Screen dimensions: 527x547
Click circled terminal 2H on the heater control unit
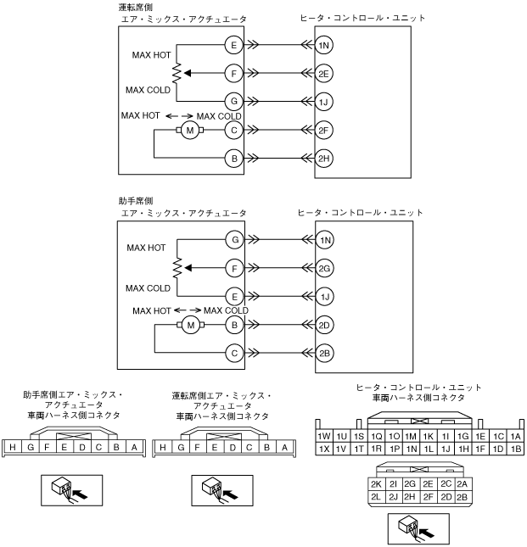point(323,159)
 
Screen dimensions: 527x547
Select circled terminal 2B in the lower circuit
point(324,353)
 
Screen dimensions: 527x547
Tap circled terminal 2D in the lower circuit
point(324,325)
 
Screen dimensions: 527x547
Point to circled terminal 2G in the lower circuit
point(324,268)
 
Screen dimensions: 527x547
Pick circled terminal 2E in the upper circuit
point(323,74)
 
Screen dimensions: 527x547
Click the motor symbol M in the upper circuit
point(190,131)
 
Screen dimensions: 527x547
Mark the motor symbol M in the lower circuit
point(191,325)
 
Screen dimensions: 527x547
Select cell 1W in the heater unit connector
point(324,436)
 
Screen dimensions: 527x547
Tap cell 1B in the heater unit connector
point(516,449)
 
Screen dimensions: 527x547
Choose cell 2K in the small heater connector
point(376,484)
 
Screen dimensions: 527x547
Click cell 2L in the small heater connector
point(376,497)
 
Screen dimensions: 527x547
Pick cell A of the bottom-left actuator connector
point(134,447)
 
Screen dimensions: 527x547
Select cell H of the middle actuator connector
point(163,448)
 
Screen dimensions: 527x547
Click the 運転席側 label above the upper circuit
point(136,8)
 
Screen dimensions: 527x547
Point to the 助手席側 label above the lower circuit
point(136,201)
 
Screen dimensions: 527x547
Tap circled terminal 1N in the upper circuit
point(323,45)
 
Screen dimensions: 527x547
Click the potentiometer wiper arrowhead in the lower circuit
point(188,268)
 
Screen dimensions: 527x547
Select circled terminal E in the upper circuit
point(233,45)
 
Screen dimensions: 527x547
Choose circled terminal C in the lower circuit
point(234,353)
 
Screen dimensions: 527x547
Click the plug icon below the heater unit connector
point(418,528)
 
